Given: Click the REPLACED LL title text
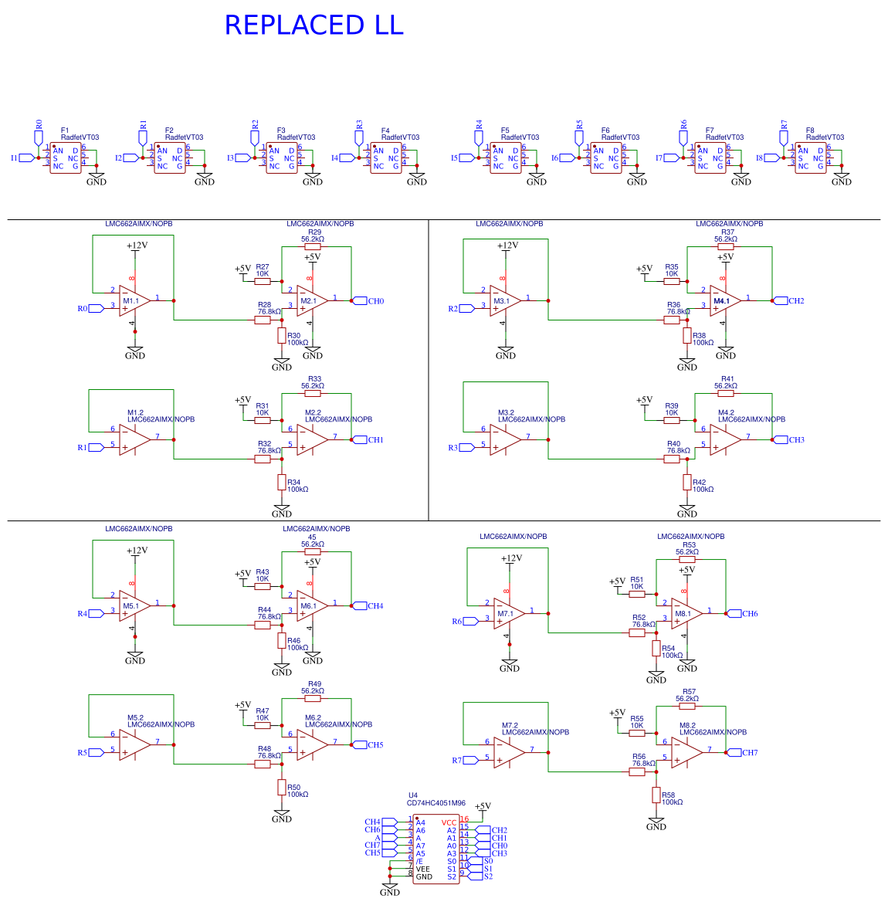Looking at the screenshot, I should (x=314, y=25).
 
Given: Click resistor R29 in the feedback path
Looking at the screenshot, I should (x=313, y=247).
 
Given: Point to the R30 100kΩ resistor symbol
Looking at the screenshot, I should (x=282, y=336).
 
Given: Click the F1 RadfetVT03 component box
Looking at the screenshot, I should (x=66, y=158).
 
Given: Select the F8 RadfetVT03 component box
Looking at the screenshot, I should (x=811, y=158).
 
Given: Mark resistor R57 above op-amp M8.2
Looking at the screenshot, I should (x=687, y=706).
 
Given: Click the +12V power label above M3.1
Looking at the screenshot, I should (x=507, y=246).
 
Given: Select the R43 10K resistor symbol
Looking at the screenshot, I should (x=263, y=586).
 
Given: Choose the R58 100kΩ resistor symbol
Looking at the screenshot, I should (x=656, y=795).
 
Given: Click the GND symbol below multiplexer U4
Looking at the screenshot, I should (x=390, y=889).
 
